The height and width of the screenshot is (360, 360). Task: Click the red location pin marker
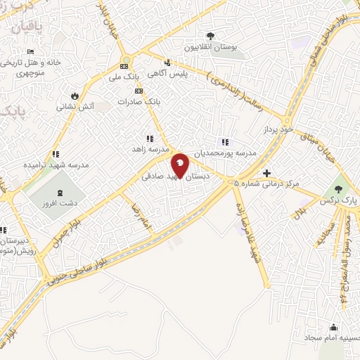point(180,166)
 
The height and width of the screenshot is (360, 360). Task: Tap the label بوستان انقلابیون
point(209,47)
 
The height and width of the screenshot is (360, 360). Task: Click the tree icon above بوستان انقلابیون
point(209,36)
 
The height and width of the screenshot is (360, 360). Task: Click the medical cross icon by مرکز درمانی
point(266,173)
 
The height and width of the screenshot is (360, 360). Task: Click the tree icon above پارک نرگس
point(340,188)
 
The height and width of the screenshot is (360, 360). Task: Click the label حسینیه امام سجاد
point(335,340)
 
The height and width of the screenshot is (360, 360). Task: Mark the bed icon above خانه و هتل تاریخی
point(30,51)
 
